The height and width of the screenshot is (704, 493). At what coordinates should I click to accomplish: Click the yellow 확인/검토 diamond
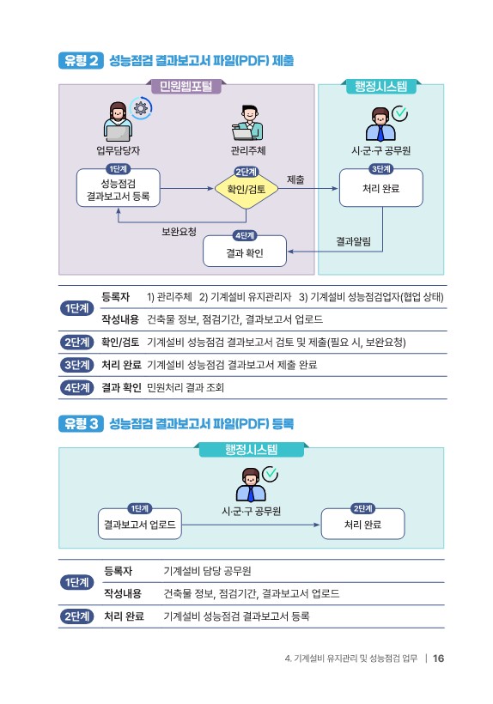click(246, 190)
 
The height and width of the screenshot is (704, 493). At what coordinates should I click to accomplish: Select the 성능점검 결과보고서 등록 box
click(118, 188)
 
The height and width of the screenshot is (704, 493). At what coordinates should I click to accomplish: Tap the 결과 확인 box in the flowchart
click(245, 252)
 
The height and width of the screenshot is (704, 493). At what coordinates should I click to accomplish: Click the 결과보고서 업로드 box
click(140, 524)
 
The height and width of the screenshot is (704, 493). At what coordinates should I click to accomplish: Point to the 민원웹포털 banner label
click(186, 86)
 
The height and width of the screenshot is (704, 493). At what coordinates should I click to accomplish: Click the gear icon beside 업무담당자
click(141, 108)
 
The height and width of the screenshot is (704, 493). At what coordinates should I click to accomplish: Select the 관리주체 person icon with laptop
click(247, 123)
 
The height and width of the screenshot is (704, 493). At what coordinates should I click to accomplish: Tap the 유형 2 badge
click(81, 61)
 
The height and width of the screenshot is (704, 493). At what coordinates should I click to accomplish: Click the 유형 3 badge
click(81, 424)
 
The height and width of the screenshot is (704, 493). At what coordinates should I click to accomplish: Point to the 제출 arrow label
click(296, 179)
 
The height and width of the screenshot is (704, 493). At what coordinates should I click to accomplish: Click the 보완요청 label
click(179, 232)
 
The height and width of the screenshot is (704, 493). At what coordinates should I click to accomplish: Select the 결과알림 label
click(353, 241)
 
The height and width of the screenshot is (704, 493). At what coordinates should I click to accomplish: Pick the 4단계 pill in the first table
click(76, 387)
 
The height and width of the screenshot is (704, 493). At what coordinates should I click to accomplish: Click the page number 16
click(438, 658)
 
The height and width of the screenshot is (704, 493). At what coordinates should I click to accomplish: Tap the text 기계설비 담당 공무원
click(208, 571)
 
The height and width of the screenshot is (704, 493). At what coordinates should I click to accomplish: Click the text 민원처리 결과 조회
click(186, 387)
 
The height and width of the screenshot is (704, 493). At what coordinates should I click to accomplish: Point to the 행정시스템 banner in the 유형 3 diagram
click(252, 449)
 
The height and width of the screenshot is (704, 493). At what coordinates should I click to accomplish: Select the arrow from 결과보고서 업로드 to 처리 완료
click(251, 525)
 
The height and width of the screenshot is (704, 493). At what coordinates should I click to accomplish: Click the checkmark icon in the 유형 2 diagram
click(399, 113)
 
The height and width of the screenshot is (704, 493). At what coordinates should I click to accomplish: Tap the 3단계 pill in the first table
click(76, 365)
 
